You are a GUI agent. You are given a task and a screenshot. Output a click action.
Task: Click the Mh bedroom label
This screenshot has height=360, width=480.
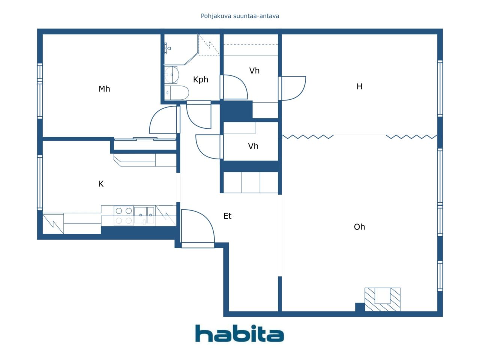104,89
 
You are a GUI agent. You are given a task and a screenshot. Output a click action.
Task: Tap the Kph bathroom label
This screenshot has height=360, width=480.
201,80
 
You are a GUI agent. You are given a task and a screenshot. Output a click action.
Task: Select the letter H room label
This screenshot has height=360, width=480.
359,87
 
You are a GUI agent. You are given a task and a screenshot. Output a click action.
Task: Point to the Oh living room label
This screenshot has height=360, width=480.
359,227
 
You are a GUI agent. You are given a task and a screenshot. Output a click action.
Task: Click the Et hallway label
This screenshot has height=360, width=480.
227,216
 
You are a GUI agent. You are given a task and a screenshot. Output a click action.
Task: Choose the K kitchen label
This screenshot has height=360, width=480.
101,184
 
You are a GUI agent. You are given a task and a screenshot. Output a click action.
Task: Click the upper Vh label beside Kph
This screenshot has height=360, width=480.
254,70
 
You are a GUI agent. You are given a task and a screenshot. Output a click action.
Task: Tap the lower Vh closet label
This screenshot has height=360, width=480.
253,146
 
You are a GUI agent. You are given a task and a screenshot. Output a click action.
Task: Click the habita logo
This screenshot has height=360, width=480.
240,333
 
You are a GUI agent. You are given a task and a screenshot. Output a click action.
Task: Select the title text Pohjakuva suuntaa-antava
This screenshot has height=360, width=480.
240,16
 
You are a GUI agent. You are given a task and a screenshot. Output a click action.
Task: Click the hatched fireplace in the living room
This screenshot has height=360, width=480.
382,300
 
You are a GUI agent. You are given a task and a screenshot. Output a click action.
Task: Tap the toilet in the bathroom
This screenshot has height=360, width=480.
177,93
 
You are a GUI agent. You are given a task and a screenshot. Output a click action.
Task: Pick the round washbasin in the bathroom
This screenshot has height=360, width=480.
172,75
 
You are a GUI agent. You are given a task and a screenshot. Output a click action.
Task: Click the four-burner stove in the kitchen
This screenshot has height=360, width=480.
123,216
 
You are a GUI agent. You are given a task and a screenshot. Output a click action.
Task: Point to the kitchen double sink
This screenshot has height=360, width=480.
144,215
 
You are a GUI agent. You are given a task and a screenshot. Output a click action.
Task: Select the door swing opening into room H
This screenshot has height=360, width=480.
294,88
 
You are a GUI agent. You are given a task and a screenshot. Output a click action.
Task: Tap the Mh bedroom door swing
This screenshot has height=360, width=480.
163,120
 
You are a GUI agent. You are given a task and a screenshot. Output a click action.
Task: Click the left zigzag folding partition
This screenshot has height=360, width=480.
307,137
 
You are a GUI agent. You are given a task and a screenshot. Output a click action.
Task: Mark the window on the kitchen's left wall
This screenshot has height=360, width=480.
40,183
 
